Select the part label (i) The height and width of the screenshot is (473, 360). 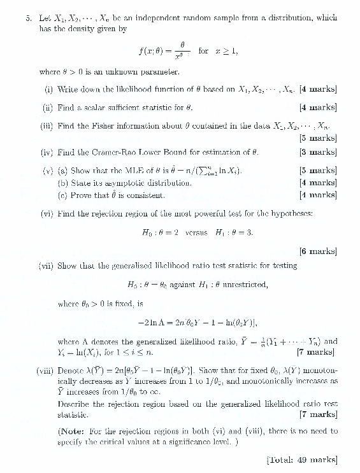point(48,90)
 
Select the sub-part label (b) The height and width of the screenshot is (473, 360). point(63,183)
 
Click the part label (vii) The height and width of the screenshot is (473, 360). point(46,267)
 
